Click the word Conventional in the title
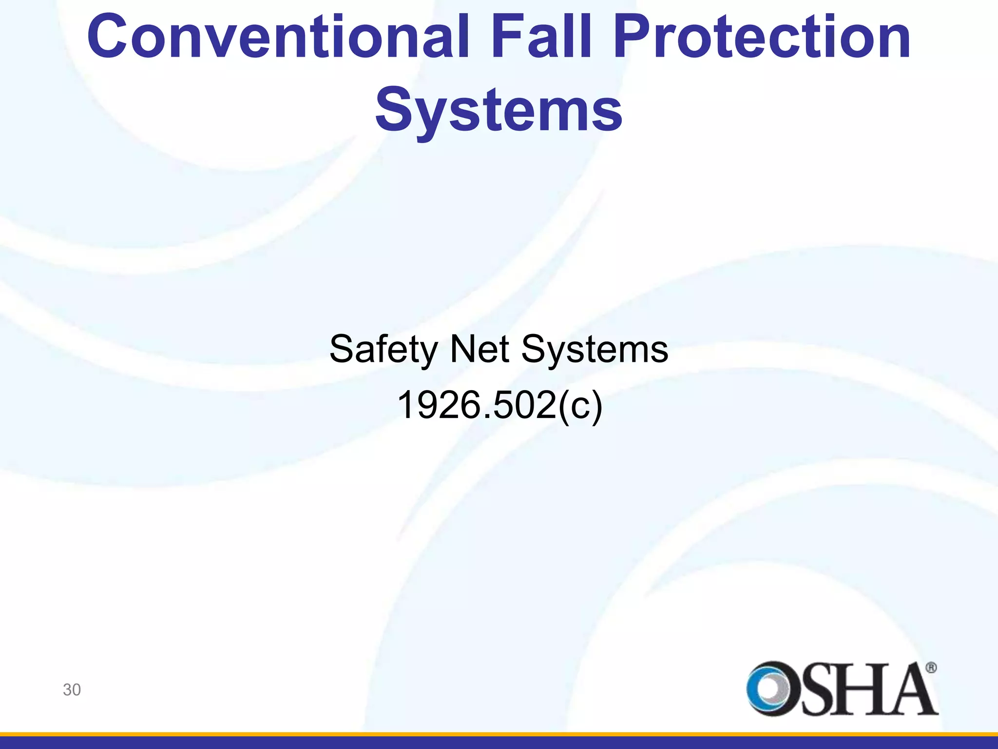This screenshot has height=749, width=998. pyautogui.click(x=278, y=37)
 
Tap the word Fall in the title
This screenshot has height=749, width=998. pyautogui.click(x=541, y=37)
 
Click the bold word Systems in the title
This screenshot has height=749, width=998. pyautogui.click(x=499, y=110)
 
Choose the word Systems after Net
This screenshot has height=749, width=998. pyautogui.click(x=595, y=349)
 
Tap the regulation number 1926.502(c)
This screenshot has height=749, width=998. pyautogui.click(x=499, y=405)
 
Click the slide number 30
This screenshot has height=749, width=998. pyautogui.click(x=72, y=690)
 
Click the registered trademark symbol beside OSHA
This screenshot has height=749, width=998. pyautogui.click(x=931, y=668)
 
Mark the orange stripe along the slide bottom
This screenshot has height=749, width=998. pyautogui.click(x=499, y=734)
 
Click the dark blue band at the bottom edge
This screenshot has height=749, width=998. pyautogui.click(x=499, y=743)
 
